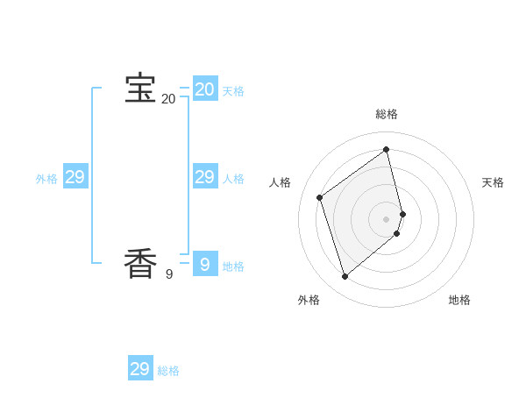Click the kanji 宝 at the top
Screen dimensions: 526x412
(140, 89)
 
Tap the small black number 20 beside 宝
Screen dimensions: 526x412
(168, 99)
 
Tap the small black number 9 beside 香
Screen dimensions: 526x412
(168, 274)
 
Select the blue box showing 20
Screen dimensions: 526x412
(205, 89)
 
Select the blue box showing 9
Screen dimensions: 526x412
(205, 263)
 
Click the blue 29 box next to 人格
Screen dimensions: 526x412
(205, 177)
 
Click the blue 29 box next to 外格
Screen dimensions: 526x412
(75, 177)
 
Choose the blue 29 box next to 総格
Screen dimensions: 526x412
(140, 368)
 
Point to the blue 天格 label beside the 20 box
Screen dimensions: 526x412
(233, 91)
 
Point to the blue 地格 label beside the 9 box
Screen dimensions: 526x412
(233, 266)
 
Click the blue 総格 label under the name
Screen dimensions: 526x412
(168, 371)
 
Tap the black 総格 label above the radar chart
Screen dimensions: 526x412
(387, 114)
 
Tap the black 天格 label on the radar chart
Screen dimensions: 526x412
(493, 182)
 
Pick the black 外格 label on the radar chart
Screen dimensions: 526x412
(309, 300)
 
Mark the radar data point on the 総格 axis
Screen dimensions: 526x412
(387, 149)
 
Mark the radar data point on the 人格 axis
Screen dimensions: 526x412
(320, 197)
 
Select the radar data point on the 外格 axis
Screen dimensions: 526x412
(345, 277)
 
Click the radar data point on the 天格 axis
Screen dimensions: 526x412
(402, 213)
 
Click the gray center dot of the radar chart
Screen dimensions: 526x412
(387, 218)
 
